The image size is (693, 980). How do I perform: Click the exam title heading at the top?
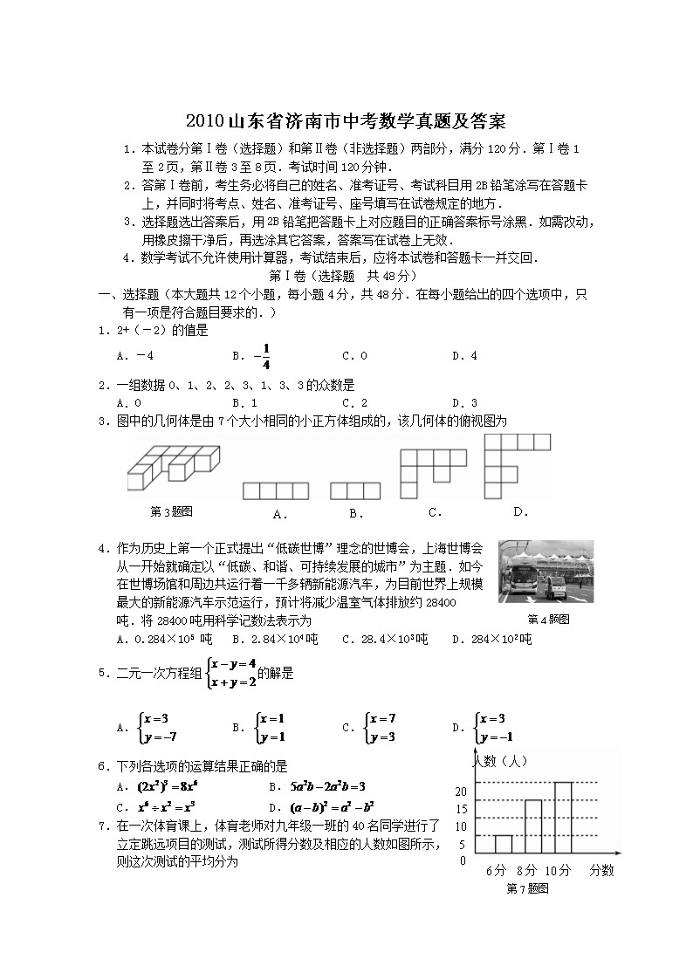(x=346, y=120)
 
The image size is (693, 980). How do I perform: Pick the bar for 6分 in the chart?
(x=503, y=844)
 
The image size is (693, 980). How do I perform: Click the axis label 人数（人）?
(x=499, y=760)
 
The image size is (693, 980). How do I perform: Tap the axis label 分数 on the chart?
(x=601, y=870)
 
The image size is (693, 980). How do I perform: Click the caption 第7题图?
(x=527, y=888)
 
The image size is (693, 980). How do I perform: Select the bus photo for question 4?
(x=545, y=572)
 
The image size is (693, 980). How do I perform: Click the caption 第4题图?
(x=548, y=619)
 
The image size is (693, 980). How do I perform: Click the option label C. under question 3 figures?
(x=435, y=512)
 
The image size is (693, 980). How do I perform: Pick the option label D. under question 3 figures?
(x=521, y=511)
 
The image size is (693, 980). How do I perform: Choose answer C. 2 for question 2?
(x=354, y=402)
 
